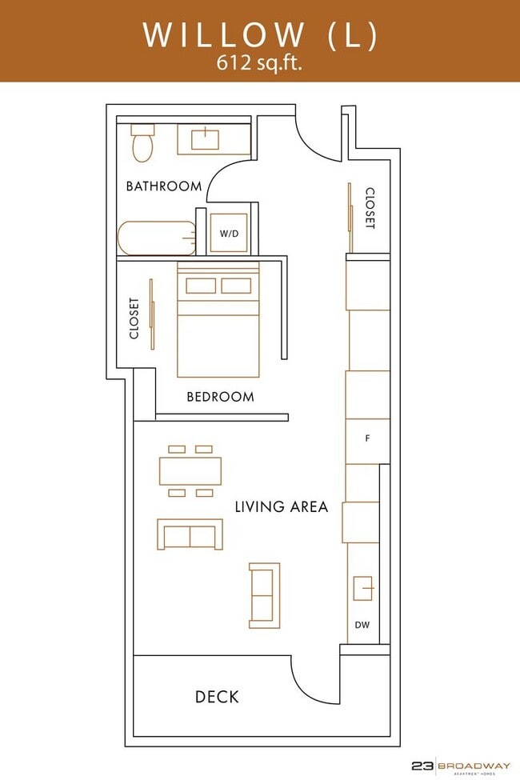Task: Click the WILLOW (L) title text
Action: [259, 34]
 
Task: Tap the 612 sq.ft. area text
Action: [259, 64]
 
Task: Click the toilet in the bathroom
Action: [142, 144]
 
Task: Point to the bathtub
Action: [157, 238]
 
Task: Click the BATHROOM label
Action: [164, 186]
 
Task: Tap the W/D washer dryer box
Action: [229, 234]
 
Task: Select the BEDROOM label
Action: [220, 397]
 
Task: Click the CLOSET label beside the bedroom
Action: [134, 318]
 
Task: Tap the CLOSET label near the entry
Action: [370, 208]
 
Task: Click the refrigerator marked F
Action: [367, 438]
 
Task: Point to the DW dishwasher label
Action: [362, 626]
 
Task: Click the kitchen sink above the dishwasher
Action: [363, 588]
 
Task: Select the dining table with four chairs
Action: [190, 470]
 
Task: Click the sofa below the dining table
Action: [190, 534]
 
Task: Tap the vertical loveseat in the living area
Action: [265, 595]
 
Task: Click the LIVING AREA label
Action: [281, 506]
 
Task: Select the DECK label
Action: [217, 697]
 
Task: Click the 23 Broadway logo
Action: [460, 766]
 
